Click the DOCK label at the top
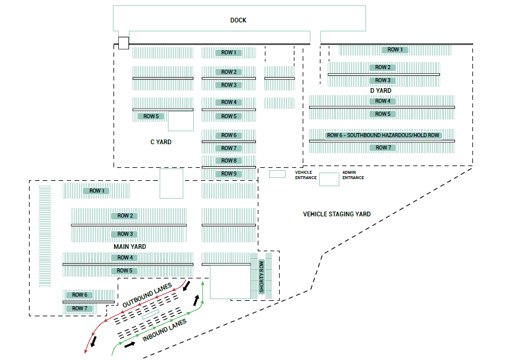(238, 20)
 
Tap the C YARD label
(161, 142)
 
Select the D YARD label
(381, 90)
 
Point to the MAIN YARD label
(129, 246)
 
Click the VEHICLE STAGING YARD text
(336, 214)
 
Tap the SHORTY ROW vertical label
(262, 277)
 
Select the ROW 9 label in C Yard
(228, 174)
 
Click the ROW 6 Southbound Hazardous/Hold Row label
(383, 135)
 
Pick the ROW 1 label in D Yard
(394, 50)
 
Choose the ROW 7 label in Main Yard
(79, 309)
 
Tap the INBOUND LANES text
(165, 330)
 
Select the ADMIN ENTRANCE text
(353, 175)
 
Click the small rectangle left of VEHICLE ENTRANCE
(277, 174)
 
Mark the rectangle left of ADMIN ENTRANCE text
(329, 179)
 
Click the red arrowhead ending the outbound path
(86, 353)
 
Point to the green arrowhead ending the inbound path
(203, 283)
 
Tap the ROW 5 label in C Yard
(151, 116)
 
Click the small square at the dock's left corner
(123, 43)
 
